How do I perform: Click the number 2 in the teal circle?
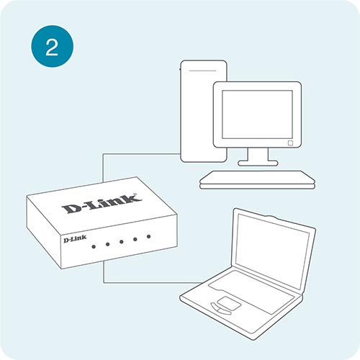(x=52, y=48)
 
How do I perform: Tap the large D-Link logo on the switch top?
(x=102, y=204)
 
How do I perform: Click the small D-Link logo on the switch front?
(x=75, y=239)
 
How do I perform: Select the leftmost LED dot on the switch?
(x=94, y=246)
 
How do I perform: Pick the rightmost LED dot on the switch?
(x=148, y=237)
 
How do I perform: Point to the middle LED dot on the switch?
(x=121, y=242)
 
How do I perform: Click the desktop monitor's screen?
(x=257, y=114)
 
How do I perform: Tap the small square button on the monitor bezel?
(x=290, y=143)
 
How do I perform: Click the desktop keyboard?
(x=257, y=180)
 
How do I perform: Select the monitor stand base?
(x=258, y=163)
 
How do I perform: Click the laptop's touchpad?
(x=229, y=303)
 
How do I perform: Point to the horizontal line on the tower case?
(x=203, y=71)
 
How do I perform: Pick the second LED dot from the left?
(x=107, y=244)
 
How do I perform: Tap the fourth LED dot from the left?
(x=135, y=239)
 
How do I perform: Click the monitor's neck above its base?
(x=258, y=154)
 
